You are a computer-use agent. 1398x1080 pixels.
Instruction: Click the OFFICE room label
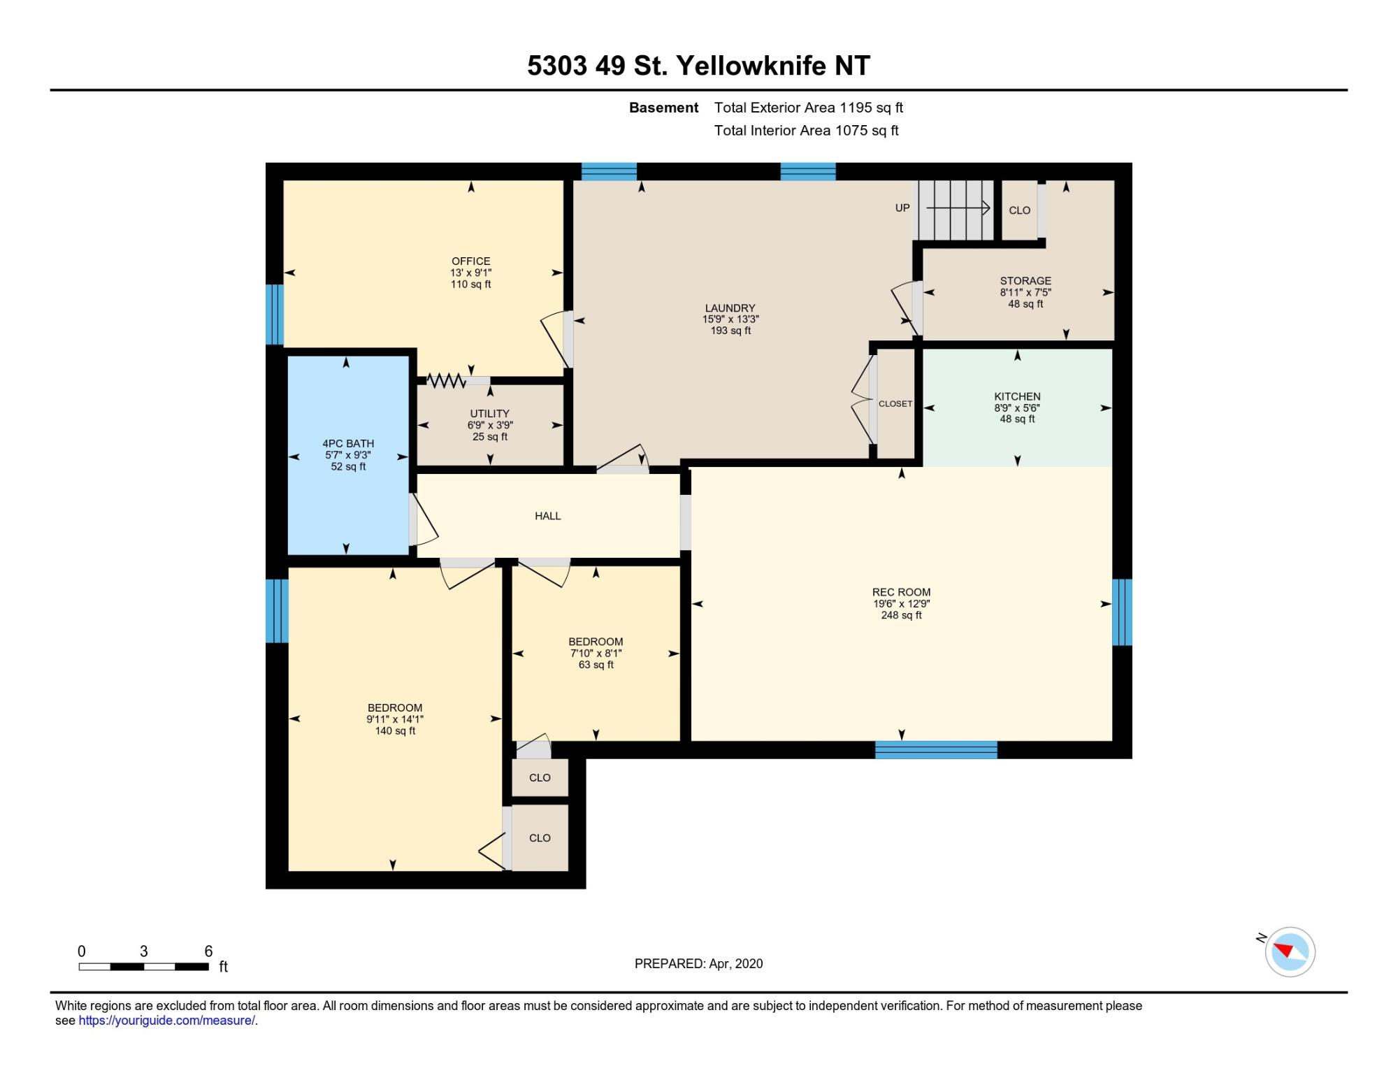click(470, 261)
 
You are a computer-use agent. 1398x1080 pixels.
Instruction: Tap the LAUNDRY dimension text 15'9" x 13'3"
click(730, 319)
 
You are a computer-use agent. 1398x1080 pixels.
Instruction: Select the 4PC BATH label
click(348, 444)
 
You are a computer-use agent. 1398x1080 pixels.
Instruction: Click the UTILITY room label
click(489, 414)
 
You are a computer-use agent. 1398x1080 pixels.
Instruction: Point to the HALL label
click(548, 516)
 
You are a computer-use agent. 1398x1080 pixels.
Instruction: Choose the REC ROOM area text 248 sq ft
click(901, 616)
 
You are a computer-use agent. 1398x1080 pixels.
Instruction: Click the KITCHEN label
click(1017, 396)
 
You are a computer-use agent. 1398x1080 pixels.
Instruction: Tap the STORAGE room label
click(1025, 281)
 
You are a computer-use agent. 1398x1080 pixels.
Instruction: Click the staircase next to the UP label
click(956, 210)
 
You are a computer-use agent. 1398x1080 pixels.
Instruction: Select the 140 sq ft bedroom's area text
click(395, 731)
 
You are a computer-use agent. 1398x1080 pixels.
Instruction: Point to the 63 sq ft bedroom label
click(596, 642)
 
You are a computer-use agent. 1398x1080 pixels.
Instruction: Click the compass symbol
click(1290, 951)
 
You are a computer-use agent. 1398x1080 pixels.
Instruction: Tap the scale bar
click(143, 967)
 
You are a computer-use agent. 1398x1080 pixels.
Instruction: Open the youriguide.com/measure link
click(166, 1021)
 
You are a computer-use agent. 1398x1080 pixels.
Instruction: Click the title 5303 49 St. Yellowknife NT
click(698, 66)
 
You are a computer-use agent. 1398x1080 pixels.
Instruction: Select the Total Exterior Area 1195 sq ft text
click(809, 108)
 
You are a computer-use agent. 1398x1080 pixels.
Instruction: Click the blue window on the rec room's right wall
click(1122, 612)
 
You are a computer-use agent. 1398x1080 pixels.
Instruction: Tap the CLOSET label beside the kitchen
click(895, 404)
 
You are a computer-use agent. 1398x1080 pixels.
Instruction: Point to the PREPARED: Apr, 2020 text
click(698, 964)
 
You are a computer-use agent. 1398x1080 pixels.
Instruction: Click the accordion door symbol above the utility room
click(446, 381)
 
